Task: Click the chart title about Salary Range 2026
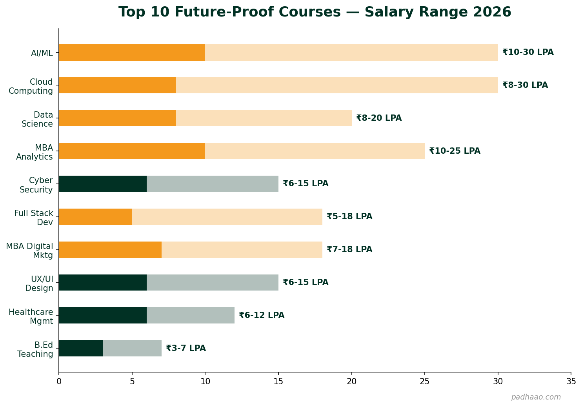(x=315, y=12)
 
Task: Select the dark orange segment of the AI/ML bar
(x=132, y=53)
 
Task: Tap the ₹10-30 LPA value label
(x=528, y=52)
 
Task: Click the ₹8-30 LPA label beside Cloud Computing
(x=525, y=85)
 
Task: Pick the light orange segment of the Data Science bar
(x=264, y=118)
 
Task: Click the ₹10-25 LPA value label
(x=455, y=151)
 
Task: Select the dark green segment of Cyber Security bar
(x=103, y=184)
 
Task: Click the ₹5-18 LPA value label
(x=349, y=216)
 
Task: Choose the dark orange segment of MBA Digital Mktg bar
(x=110, y=250)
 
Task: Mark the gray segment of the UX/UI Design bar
(x=212, y=282)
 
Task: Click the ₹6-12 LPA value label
(x=262, y=315)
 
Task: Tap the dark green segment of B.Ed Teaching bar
(x=81, y=348)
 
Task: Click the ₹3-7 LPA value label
(x=186, y=348)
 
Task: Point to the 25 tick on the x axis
(x=425, y=381)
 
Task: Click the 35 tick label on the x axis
(x=571, y=381)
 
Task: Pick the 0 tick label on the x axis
(x=59, y=381)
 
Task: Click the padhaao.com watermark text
(x=536, y=397)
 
